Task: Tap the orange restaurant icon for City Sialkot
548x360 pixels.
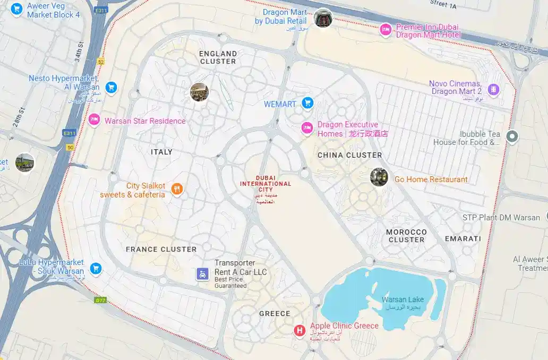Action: [177, 190]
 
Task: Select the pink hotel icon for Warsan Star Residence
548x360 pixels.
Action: [95, 120]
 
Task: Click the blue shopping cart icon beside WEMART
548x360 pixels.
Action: [307, 103]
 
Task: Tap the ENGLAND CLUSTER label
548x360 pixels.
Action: [218, 57]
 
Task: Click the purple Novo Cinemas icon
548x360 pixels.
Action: [493, 90]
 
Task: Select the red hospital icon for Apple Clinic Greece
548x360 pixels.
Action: [300, 331]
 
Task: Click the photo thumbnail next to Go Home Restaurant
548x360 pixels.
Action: [379, 177]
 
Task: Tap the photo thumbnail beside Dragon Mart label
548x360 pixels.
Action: [323, 18]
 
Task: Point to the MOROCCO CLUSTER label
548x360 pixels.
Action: [406, 236]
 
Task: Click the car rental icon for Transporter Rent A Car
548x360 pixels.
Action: [202, 274]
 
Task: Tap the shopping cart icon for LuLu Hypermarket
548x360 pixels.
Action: [96, 268]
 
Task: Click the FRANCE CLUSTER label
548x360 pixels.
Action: [161, 249]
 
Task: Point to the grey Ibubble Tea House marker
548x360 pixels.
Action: [512, 137]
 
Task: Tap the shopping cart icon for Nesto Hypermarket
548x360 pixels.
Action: [110, 87]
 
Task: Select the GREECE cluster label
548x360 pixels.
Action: [275, 313]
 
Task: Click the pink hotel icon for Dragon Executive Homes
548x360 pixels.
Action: [307, 128]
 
